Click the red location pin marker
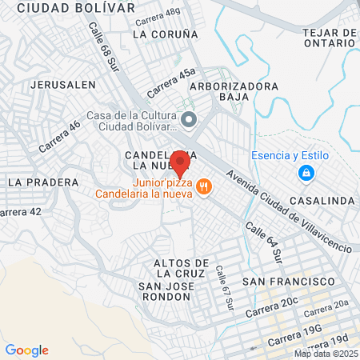click(181, 163)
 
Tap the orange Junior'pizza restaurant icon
click(204, 186)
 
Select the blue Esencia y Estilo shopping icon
click(306, 172)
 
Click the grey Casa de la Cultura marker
click(189, 120)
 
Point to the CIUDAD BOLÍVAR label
click(76, 7)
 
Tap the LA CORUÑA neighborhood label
click(165, 34)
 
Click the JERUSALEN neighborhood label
click(62, 84)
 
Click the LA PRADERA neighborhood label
click(43, 182)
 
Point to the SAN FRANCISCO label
click(288, 282)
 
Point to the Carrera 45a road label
click(171, 81)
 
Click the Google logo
click(27, 350)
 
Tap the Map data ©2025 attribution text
click(325, 354)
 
